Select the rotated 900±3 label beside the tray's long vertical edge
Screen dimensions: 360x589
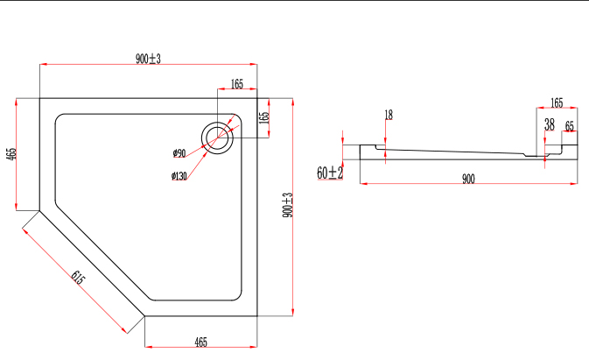287,206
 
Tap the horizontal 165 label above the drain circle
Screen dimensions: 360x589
236,85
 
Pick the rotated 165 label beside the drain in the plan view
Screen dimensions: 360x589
263,116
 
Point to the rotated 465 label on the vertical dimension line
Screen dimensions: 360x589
11,152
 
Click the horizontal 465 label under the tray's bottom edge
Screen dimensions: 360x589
200,342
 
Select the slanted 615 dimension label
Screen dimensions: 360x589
77,279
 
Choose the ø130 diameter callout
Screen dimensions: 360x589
179,176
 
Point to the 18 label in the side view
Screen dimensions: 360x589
389,115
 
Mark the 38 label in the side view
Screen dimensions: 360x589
549,125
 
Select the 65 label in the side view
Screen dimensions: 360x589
569,125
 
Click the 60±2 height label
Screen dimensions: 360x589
329,173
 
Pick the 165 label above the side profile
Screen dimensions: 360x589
557,102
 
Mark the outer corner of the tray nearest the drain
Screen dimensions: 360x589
256,98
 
